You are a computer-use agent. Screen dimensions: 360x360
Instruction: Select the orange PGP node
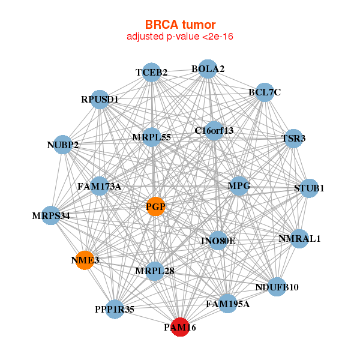point(155,207)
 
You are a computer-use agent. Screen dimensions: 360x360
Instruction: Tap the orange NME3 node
point(85,260)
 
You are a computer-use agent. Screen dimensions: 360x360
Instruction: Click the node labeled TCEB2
point(152,73)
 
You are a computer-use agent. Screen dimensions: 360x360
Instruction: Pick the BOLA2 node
point(207,69)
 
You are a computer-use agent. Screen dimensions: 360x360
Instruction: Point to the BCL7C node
point(264,92)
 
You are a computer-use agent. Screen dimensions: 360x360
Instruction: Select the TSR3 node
point(293,139)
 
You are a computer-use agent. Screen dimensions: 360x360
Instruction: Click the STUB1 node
point(309,188)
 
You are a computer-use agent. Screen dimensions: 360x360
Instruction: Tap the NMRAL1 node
point(299,238)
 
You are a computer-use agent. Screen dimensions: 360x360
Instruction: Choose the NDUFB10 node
point(277,287)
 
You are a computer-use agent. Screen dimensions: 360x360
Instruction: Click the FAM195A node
point(227,304)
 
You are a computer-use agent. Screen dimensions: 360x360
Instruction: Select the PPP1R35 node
point(115,310)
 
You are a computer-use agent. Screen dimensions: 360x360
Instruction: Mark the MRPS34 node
point(52,215)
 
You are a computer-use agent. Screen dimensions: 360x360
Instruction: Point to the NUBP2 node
point(63,145)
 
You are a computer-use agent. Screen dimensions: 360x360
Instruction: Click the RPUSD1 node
point(100,99)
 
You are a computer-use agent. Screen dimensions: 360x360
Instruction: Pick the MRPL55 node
point(152,137)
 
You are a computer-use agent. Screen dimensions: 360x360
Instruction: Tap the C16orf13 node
point(214,130)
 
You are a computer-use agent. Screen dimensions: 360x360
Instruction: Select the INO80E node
point(218,241)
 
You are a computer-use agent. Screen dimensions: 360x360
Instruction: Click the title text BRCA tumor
point(180,25)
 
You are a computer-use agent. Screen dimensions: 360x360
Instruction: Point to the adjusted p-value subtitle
point(180,37)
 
